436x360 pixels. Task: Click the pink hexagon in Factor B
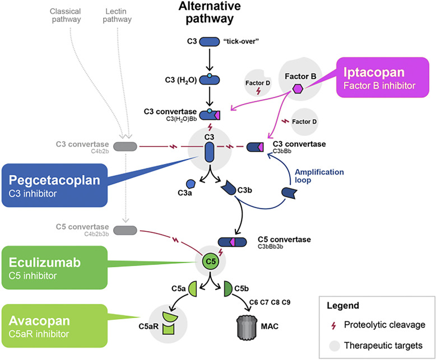click(x=299, y=88)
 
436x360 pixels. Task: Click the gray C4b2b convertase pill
click(x=125, y=147)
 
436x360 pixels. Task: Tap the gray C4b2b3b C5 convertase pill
click(x=125, y=230)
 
